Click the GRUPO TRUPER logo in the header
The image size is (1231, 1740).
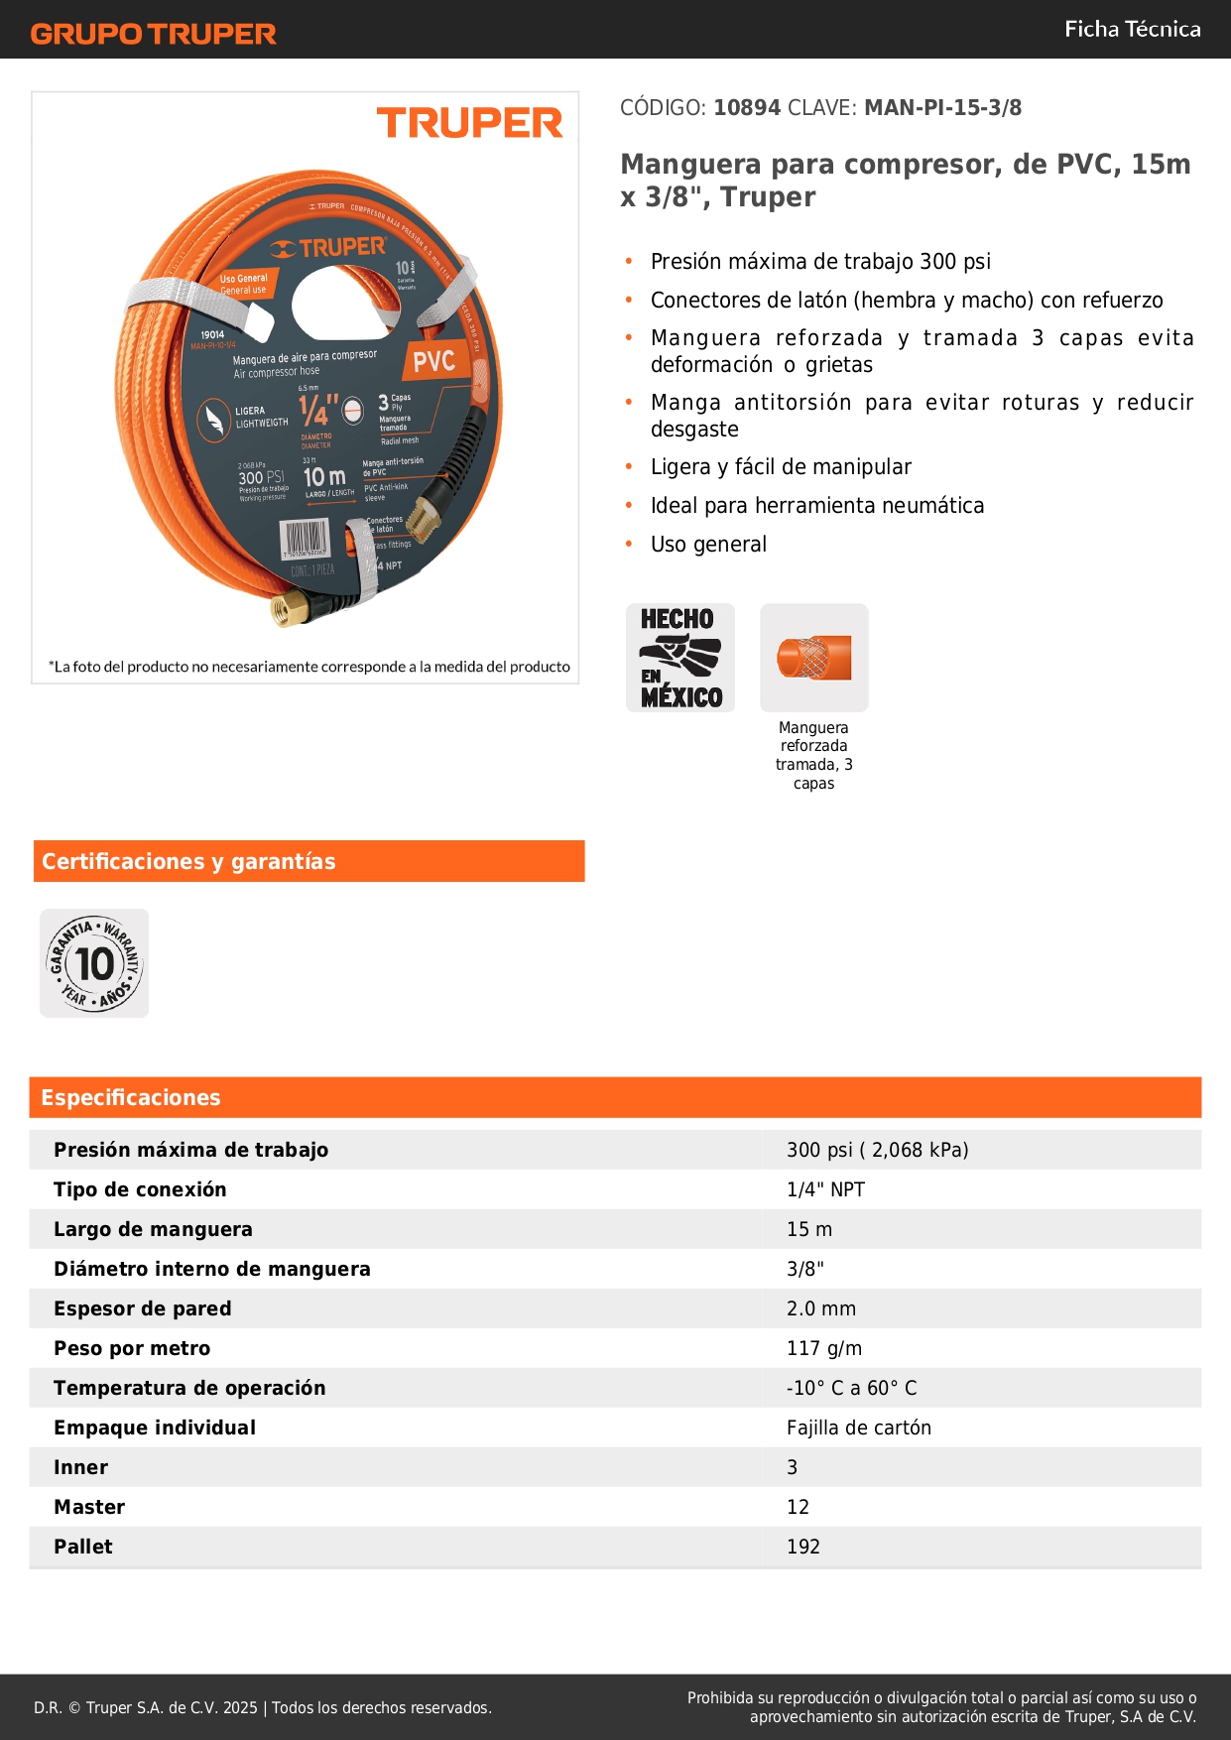click(153, 34)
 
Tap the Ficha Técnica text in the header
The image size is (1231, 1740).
click(1132, 29)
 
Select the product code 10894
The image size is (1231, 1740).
click(747, 108)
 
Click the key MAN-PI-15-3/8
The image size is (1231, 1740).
click(942, 108)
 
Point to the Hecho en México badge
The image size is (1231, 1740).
click(680, 658)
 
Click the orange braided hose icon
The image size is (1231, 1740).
click(814, 658)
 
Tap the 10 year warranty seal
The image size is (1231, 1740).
click(94, 963)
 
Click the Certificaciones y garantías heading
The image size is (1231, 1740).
click(188, 861)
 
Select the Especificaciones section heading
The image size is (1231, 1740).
click(131, 1097)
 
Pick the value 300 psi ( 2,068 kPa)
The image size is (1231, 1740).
click(877, 1150)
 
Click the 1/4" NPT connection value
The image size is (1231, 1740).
click(825, 1189)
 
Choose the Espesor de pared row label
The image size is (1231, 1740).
click(143, 1308)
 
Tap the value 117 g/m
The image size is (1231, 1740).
click(824, 1348)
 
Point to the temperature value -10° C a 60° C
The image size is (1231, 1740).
click(851, 1388)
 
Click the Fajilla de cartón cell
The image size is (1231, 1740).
click(859, 1428)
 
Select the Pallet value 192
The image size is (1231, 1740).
click(803, 1547)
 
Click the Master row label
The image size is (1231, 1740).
click(89, 1507)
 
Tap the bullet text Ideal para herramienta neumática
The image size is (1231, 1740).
click(817, 506)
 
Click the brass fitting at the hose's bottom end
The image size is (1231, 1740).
click(291, 610)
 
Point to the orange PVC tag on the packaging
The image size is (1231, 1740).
click(433, 361)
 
